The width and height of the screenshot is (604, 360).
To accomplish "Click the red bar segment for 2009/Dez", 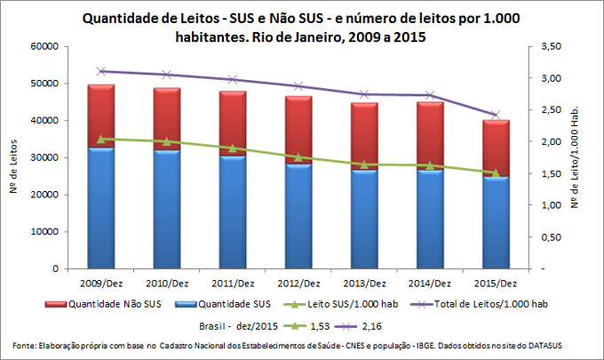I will coord(101,116).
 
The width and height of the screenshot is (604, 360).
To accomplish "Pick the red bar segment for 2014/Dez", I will coord(430,135).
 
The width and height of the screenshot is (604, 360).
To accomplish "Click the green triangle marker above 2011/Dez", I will coord(233,148).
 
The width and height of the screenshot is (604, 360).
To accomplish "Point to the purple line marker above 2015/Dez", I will coord(496,115).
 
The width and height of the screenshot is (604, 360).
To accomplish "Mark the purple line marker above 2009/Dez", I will coord(101,71).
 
